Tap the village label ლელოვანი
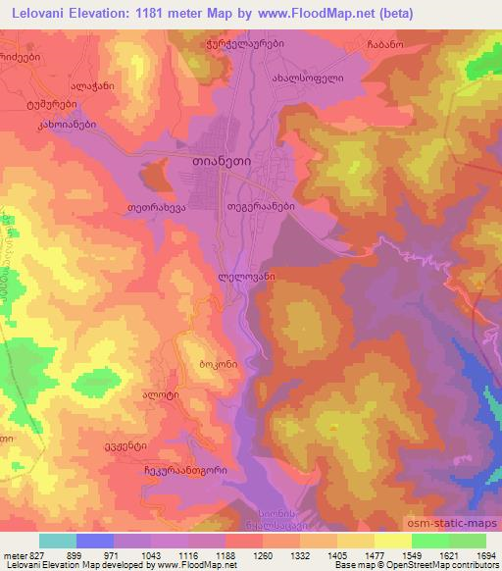coord(245,279)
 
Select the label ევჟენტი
coord(116,442)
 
